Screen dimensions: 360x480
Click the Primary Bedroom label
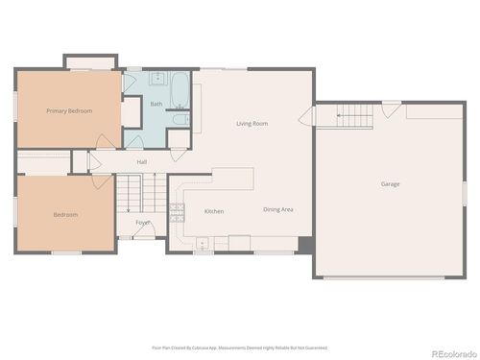[69, 110]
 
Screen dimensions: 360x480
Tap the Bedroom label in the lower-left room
[65, 214]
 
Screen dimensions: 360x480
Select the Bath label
[156, 103]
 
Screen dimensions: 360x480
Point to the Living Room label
[252, 123]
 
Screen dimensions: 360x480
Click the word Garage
[390, 183]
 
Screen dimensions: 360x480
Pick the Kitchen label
[214, 210]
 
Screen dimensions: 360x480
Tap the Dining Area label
[278, 209]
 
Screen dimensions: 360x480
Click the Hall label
[141, 161]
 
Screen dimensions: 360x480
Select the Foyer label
[142, 223]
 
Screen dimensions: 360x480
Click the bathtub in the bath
[180, 93]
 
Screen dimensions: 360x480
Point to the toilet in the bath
[179, 120]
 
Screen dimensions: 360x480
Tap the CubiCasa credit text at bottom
[239, 348]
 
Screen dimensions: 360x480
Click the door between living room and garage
[306, 118]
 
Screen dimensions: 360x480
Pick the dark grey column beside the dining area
[305, 245]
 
